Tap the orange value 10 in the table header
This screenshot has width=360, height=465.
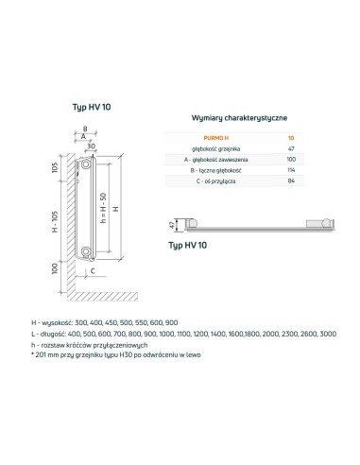pos(290,139)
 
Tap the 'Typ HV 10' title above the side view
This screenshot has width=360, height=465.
pos(92,107)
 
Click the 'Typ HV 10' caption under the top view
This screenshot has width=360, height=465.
pos(188,245)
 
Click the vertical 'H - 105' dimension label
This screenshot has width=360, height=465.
pos(56,217)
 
